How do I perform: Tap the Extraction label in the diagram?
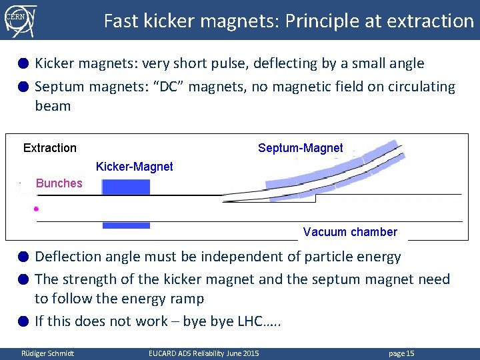[x=50, y=148]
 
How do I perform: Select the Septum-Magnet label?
[x=300, y=148]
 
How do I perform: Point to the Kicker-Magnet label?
[x=134, y=167]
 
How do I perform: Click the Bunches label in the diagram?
[x=59, y=183]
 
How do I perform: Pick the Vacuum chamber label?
[x=350, y=232]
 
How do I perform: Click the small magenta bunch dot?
[x=36, y=209]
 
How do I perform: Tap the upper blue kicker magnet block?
[x=126, y=187]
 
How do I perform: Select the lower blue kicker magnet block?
[x=126, y=225]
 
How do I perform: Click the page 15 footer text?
[x=401, y=353]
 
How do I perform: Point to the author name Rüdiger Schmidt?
[x=48, y=353]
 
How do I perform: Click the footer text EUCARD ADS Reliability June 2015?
[x=203, y=353]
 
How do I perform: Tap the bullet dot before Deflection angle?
[x=23, y=257]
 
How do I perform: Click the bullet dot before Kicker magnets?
[x=23, y=64]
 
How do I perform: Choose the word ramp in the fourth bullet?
[x=186, y=299]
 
